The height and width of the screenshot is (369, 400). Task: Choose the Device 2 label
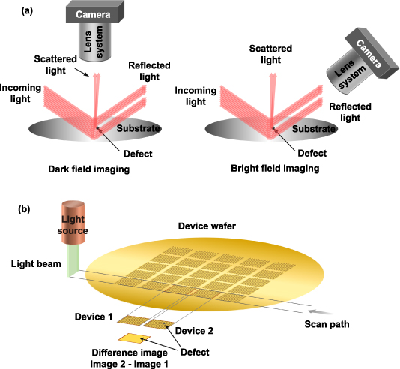(193, 329)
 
